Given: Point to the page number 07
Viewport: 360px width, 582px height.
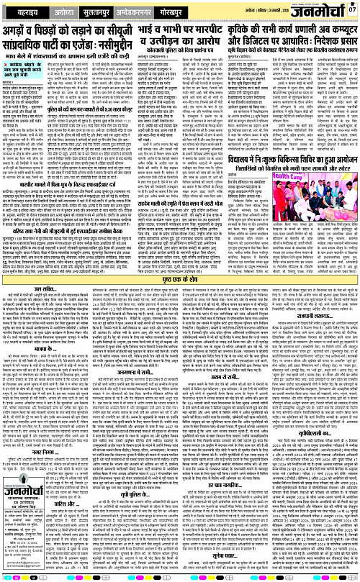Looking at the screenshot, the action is (x=351, y=9).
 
